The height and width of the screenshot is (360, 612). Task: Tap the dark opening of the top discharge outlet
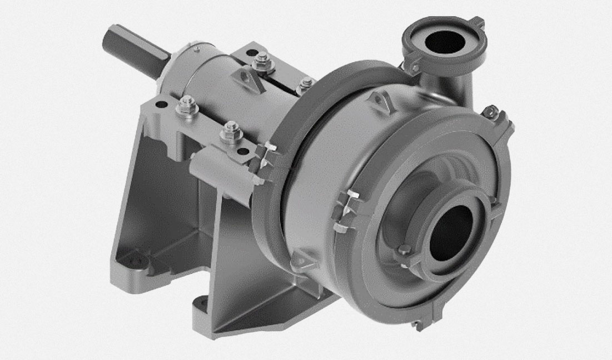[445, 42]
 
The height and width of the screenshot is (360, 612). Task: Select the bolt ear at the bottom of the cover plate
[417, 324]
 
